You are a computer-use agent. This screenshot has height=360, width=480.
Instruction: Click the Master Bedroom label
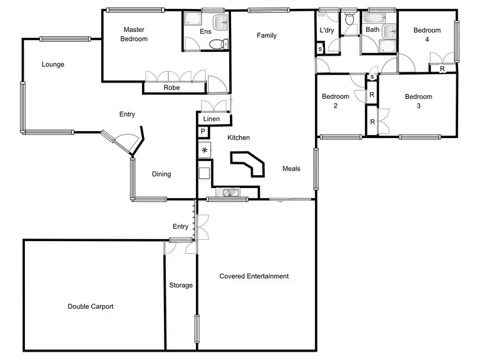(x=135, y=35)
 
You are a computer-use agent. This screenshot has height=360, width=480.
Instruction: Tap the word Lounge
(x=53, y=64)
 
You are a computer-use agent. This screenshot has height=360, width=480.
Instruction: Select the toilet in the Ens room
(x=218, y=44)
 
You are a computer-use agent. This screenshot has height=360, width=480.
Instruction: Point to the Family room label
(x=267, y=36)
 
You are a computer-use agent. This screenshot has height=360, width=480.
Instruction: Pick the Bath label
(x=372, y=29)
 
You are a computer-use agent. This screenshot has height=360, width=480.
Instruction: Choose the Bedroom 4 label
(x=427, y=35)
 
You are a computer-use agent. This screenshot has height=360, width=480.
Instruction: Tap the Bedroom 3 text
(x=418, y=101)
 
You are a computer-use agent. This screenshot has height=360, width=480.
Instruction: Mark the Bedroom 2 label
(x=335, y=101)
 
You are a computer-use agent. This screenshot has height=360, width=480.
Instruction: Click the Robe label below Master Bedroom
(x=172, y=88)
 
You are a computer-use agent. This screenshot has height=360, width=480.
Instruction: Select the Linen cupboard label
(x=212, y=119)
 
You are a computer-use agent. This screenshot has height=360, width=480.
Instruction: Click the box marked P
(x=203, y=132)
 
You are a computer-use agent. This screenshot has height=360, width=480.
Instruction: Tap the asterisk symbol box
(x=205, y=150)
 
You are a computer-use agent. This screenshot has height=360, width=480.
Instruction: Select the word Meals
(x=291, y=169)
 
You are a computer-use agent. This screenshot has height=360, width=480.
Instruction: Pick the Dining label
(x=161, y=174)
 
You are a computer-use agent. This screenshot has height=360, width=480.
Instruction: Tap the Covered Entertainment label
(x=254, y=276)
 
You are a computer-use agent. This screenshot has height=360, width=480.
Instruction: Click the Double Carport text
(x=90, y=306)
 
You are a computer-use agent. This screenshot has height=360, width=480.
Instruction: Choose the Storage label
(x=180, y=285)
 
